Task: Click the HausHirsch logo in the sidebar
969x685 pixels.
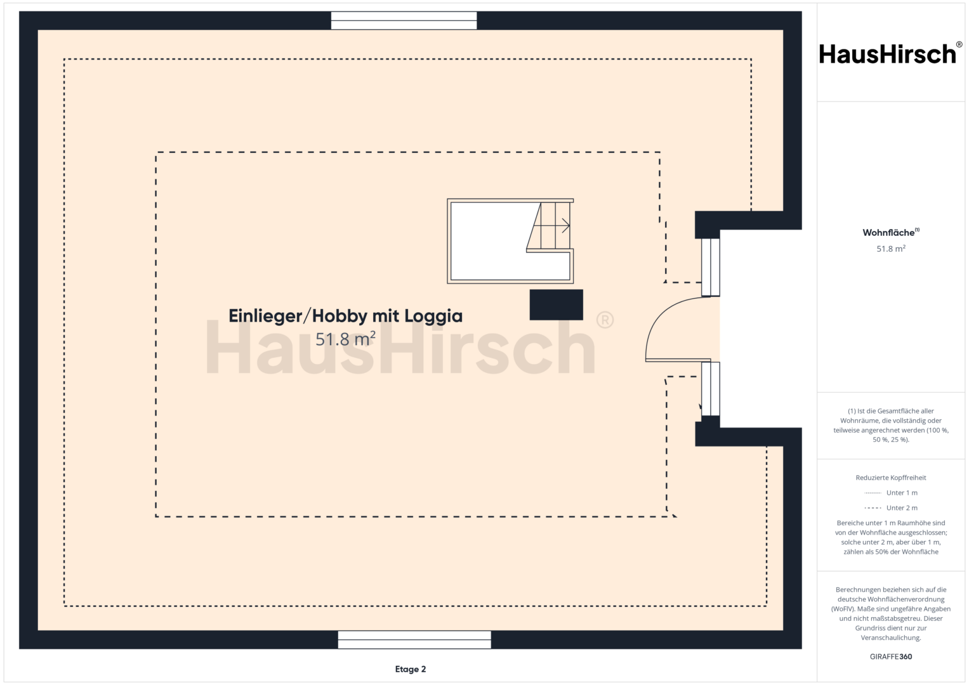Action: click(890, 54)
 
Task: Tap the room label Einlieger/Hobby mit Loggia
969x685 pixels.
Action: click(345, 316)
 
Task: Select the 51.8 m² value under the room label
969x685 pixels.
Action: click(345, 339)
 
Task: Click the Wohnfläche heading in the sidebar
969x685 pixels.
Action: click(891, 232)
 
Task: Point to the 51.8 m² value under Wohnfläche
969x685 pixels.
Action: click(891, 249)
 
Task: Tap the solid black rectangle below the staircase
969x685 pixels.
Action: click(557, 305)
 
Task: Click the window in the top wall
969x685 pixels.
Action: click(404, 21)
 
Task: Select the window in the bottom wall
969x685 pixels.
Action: click(414, 639)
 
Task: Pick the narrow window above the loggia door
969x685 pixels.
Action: click(710, 267)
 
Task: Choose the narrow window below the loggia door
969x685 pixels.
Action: click(710, 389)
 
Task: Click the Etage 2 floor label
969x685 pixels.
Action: click(411, 669)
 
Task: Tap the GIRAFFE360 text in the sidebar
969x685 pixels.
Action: click(891, 656)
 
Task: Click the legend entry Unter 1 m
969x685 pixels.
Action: click(902, 493)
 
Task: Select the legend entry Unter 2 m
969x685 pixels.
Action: click(902, 507)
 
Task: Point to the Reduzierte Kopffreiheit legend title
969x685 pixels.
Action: click(891, 478)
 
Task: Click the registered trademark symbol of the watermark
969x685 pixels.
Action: click(605, 320)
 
